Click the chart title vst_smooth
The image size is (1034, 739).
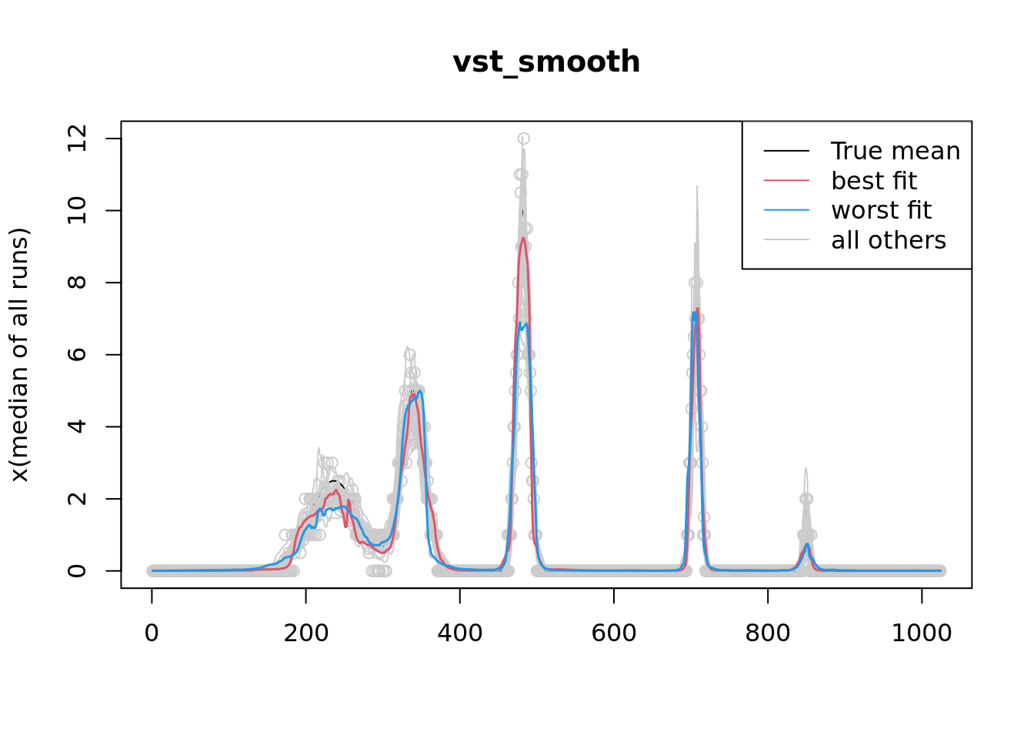546,62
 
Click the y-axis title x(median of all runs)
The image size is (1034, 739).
19,355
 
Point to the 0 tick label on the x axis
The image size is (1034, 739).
152,634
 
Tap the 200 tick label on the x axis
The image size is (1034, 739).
305,634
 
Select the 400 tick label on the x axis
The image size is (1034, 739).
459,634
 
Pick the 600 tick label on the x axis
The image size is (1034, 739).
613,634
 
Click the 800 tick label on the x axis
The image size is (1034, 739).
767,634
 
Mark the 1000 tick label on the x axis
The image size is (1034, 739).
921,634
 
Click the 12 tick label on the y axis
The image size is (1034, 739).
77,139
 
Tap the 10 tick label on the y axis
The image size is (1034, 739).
77,210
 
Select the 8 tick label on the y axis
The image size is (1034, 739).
77,283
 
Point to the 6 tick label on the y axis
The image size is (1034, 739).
77,355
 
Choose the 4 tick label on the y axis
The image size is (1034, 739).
77,426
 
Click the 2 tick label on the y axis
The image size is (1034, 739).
77,499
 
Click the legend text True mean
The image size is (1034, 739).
895,152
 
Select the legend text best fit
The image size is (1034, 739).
873,181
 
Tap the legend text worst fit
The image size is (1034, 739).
881,210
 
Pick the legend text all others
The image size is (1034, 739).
888,240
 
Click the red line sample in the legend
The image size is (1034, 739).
786,181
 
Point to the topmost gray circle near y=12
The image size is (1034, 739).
523,139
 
